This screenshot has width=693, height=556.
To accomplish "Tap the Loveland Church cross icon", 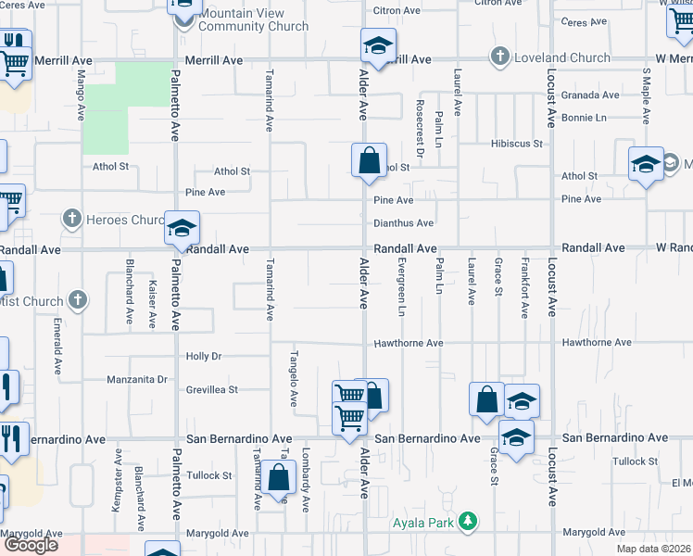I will point(500,57).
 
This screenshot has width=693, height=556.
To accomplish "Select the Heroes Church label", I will point(122,220).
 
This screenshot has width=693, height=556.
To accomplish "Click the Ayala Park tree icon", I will point(470,522).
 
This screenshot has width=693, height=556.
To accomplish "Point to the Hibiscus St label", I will point(516,144).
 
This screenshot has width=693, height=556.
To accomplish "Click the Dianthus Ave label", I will point(403,223).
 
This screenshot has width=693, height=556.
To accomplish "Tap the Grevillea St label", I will point(212,390).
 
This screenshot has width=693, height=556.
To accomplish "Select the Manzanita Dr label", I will point(136,379).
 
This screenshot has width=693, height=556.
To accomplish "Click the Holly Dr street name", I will point(204,356).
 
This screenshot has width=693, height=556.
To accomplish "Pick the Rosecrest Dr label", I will point(419,129).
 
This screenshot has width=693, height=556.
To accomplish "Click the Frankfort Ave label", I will point(524,288).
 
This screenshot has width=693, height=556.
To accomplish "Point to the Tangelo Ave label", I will point(293,379).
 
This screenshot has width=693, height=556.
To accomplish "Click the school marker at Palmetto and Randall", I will point(183,228).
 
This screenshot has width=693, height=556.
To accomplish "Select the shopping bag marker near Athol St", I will point(369,160).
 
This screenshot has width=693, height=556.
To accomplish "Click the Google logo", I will point(30,545).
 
